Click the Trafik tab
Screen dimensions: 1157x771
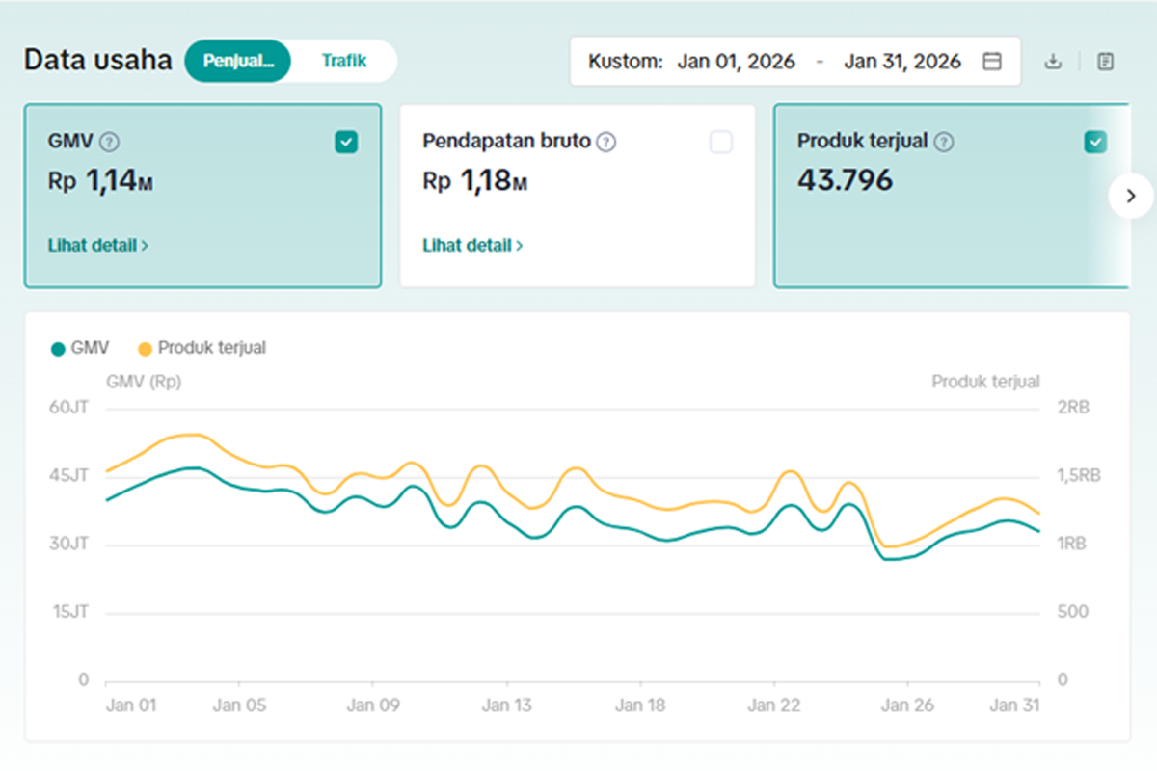344,61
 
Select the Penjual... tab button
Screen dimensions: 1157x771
238,61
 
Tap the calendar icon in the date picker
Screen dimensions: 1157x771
992,61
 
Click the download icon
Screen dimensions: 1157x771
1053,62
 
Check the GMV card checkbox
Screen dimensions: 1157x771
346,142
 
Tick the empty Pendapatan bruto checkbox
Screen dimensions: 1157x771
721,142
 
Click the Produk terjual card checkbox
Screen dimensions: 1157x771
1095,142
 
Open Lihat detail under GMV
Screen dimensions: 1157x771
98,246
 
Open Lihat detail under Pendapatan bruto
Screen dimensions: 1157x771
472,246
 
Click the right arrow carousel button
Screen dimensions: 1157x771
1131,197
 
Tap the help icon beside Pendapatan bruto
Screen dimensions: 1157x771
605,142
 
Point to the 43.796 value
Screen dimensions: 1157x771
845,179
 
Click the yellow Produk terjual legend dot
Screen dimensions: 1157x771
146,349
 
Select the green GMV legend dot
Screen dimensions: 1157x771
58,349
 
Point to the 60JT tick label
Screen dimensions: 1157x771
68,408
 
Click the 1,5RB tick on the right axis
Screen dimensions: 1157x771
1079,475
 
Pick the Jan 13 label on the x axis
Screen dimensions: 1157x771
506,705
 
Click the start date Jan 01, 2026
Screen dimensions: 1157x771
736,62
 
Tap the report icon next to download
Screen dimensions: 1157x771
1105,62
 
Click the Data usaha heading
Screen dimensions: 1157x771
98,60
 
